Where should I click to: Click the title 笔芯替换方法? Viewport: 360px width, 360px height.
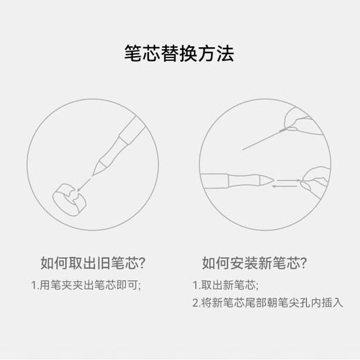point(179,53)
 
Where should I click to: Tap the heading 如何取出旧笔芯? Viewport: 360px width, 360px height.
point(93,263)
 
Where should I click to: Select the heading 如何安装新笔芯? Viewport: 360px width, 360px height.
point(254,263)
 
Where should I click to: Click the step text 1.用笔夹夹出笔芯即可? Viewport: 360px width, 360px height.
point(86,285)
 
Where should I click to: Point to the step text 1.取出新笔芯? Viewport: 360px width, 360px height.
point(226,285)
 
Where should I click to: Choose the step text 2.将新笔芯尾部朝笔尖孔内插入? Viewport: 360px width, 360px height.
point(268,303)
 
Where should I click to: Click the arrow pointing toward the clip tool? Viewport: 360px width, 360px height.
point(84,184)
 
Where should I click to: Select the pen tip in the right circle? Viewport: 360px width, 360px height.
point(267,180)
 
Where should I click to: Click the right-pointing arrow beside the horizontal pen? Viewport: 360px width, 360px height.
point(289,180)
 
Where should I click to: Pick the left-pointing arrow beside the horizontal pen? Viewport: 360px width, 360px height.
point(285,186)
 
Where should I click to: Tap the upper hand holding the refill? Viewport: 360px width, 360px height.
point(300,121)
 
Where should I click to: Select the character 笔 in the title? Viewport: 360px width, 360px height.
point(133,53)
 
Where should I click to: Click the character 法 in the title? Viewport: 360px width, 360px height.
point(226,53)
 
